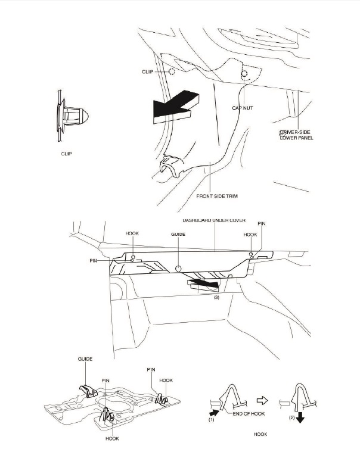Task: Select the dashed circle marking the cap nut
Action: point(244,74)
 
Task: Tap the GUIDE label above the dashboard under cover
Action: point(178,235)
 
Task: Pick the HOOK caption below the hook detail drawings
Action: point(260,435)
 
